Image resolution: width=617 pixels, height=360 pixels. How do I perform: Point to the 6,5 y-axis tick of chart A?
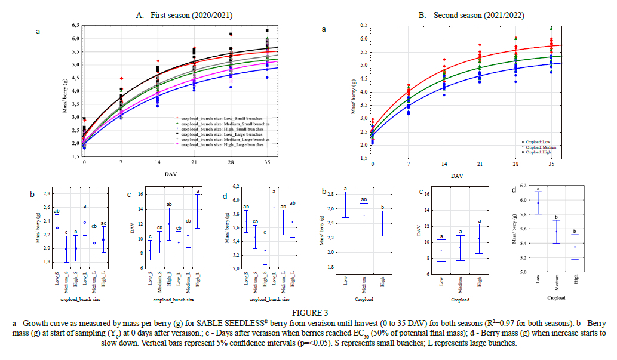coord(76,25)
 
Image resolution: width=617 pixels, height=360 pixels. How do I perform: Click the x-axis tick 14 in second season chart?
coord(444,163)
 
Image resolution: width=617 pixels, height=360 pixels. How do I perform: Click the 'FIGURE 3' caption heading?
coord(308,312)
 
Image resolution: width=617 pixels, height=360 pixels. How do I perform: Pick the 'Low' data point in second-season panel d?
coord(538,203)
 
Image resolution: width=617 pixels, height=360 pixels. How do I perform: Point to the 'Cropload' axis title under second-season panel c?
coord(460,300)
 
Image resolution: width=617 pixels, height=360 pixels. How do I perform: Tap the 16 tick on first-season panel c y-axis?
coord(140,194)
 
